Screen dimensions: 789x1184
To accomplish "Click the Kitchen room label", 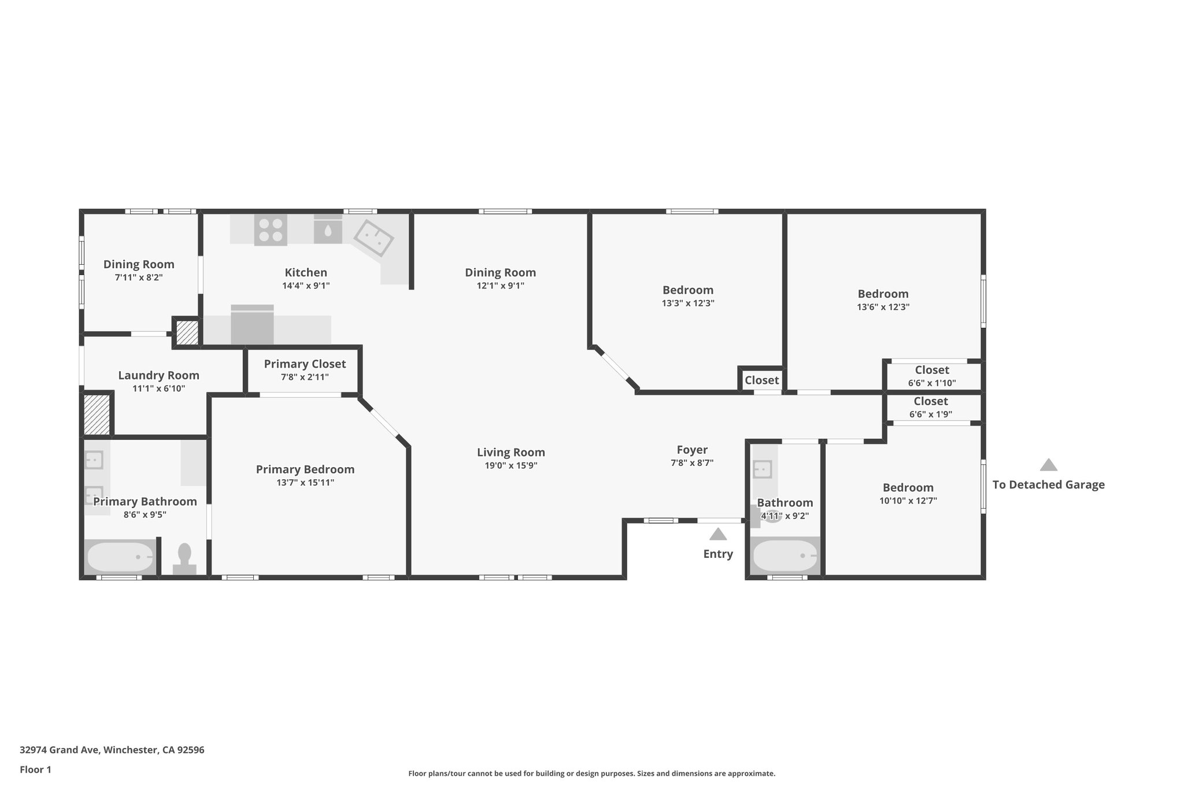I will [306, 272].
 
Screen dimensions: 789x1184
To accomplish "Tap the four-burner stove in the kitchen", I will [271, 230].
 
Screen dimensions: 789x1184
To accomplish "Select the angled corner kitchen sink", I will [373, 238].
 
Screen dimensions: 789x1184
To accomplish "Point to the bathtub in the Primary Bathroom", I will [120, 557].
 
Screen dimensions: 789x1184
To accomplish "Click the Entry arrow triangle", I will [717, 534].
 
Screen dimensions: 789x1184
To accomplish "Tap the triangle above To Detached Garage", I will [1048, 465].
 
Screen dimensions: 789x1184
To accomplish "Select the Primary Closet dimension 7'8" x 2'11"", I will [305, 377].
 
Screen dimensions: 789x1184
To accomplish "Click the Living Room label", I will [510, 453].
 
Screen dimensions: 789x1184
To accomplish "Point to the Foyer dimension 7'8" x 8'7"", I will [692, 463].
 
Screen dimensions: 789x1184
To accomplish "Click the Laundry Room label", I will [158, 376].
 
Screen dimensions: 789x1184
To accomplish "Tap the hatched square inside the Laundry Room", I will [97, 414].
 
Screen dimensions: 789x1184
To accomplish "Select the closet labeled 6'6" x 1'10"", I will [931, 376].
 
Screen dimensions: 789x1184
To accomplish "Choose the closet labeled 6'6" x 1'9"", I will [930, 408].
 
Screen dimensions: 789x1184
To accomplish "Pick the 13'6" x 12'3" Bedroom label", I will [883, 294].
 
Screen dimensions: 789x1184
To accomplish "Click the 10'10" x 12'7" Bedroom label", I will [908, 488].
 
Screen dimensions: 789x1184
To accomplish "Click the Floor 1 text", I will [35, 770].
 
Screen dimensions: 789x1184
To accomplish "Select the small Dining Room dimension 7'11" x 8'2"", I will [139, 277].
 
